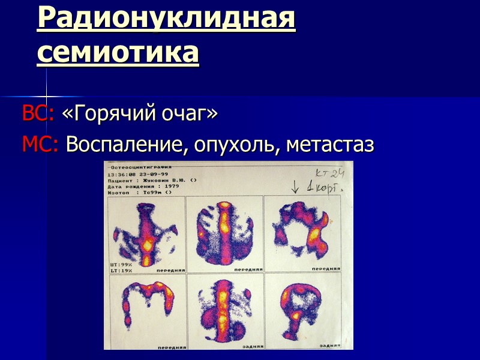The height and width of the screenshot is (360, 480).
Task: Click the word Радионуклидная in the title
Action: pyautogui.click(x=166, y=19)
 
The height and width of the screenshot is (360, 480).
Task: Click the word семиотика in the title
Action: pyautogui.click(x=118, y=52)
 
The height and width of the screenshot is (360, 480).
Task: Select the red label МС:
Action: pyautogui.click(x=40, y=145)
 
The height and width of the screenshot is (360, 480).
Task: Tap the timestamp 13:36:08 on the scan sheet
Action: pyautogui.click(x=119, y=173)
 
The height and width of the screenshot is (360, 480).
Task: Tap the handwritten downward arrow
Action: pyautogui.click(x=294, y=187)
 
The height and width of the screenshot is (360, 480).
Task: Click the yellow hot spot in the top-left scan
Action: pyautogui.click(x=146, y=244)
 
